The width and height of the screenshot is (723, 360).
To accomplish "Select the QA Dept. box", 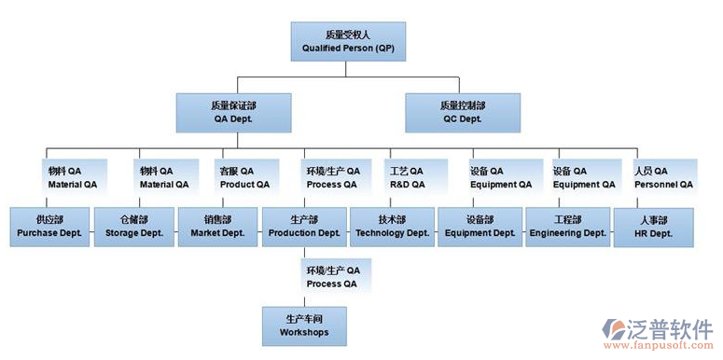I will coord(232,112).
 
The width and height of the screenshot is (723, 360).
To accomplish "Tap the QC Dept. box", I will coord(462,112).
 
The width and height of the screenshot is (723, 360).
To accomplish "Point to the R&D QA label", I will coord(406,177).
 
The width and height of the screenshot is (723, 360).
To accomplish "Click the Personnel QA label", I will coord(663,177).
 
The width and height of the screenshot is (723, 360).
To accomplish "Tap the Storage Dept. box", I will coord(132,226).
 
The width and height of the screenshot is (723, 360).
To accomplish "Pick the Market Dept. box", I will coord(217,226).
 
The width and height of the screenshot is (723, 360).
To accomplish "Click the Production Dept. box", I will coord(304,226).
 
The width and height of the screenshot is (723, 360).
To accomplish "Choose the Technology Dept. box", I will coord(393,226).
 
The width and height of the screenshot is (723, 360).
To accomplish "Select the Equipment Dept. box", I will coord(480,226).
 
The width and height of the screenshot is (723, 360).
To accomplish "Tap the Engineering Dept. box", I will coord(567,226).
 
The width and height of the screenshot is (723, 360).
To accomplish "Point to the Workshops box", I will coord(304,325).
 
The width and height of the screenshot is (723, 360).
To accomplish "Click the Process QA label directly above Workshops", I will coord(332,276).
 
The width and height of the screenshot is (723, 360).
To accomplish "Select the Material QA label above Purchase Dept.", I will coord(72,177).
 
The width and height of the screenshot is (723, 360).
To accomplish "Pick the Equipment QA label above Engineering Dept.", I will coord(583,177).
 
